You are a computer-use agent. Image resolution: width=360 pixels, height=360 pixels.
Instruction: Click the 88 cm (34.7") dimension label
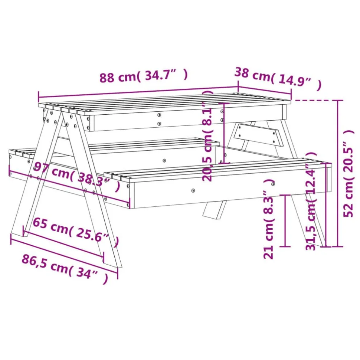(x=144, y=75)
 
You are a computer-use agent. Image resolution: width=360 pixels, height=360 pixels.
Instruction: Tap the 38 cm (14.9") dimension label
(x=278, y=78)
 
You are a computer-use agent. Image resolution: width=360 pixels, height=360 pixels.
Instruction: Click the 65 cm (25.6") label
(x=76, y=232)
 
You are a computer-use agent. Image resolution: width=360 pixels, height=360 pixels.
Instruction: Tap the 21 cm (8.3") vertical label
(x=268, y=219)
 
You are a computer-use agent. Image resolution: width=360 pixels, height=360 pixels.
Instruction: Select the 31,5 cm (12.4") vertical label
(x=311, y=201)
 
